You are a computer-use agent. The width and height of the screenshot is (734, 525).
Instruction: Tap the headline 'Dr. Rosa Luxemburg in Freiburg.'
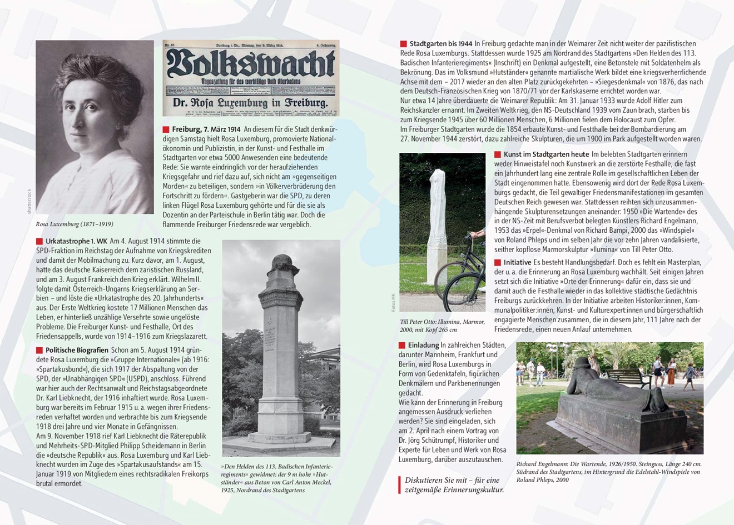pyautogui.click(x=250, y=103)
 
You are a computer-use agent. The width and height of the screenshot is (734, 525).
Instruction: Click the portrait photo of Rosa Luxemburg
pyautogui.click(x=95, y=127)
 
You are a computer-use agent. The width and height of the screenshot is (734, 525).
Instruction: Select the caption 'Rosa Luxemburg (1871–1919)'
pyautogui.click(x=74, y=224)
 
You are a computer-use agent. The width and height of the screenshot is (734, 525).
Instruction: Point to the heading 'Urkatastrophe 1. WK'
pyautogui.click(x=76, y=241)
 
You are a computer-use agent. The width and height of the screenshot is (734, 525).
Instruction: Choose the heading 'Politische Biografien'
pyautogui.click(x=77, y=350)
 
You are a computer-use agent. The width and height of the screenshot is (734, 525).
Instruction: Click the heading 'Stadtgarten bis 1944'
pyautogui.click(x=440, y=43)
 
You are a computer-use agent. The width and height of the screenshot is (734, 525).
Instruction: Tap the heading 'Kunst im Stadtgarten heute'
pyautogui.click(x=546, y=154)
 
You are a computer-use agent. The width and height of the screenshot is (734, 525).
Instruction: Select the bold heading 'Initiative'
pyautogui.click(x=517, y=262)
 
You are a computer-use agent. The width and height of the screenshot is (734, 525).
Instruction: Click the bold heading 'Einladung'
pyautogui.click(x=423, y=345)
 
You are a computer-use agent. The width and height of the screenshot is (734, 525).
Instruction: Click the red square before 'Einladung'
pyautogui.click(x=402, y=346)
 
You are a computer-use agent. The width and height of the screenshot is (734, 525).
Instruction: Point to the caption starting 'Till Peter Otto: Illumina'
pyautogui.click(x=442, y=326)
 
